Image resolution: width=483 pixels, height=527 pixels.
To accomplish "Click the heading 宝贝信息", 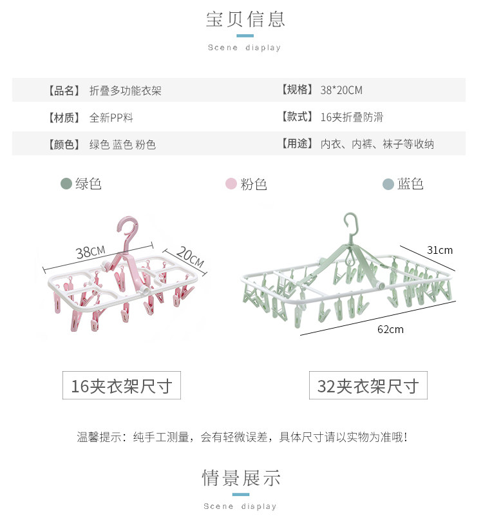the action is point(245,19).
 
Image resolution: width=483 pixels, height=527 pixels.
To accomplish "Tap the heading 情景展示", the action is point(241,478).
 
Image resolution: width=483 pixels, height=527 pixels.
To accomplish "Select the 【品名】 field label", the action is point(63,91).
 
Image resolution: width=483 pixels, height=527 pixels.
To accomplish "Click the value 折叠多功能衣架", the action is point(126,91).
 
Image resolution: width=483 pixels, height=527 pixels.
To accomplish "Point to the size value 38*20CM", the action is point(341,90).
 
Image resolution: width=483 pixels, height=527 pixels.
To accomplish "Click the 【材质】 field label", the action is point(63,118).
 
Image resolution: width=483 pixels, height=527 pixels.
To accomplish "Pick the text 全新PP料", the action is point(111,118).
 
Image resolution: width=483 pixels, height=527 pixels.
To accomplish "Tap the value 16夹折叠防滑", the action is point(351,117).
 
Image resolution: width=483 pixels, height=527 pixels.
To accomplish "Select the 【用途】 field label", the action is point(297,144).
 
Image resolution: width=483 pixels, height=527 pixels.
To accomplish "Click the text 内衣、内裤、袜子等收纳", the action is point(377,144).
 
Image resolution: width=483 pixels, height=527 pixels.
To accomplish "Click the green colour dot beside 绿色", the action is point(66,184).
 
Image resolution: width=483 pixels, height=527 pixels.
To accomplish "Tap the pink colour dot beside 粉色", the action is point(231,184).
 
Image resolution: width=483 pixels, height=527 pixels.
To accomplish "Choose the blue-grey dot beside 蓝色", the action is point(388,184).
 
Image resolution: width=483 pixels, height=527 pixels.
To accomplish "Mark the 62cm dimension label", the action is point(390,329).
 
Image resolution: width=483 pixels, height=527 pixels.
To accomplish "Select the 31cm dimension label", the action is point(440,250).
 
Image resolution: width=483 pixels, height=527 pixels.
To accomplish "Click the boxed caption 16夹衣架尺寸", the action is point(122,386).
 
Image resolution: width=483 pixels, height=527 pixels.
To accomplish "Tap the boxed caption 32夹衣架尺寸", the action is point(368,386).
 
